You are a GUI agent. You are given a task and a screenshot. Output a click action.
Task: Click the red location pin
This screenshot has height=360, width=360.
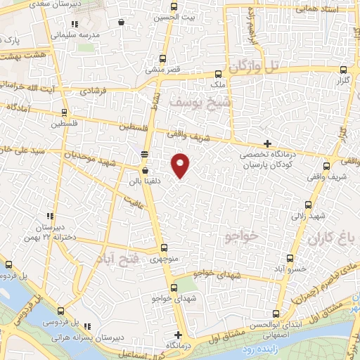(x=181, y=165)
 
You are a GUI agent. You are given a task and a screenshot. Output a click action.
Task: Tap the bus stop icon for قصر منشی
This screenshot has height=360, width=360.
(x=163, y=58)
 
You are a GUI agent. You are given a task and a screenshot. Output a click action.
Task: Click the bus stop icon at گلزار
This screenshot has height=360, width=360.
(x=343, y=70)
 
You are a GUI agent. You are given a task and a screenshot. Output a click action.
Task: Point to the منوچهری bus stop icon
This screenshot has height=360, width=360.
(x=164, y=247)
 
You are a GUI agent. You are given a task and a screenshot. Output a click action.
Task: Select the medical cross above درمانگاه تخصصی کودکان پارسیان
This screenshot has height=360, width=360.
(x=267, y=143)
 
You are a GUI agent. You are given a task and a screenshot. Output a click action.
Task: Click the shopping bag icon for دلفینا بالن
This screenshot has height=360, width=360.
(x=145, y=170)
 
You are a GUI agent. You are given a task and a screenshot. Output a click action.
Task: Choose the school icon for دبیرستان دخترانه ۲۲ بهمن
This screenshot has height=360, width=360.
(x=49, y=217)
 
